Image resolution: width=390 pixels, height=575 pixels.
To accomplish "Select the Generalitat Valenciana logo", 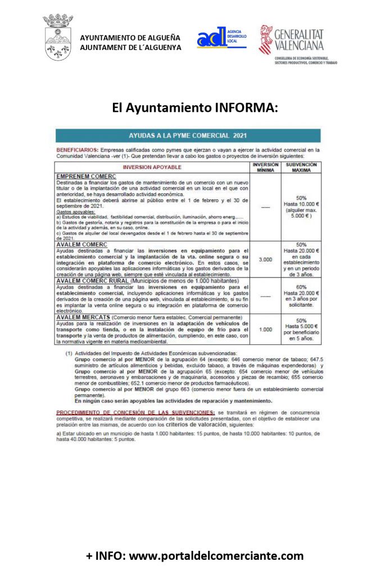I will [298, 40].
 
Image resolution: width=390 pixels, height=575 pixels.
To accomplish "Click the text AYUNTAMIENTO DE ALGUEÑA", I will [130, 38].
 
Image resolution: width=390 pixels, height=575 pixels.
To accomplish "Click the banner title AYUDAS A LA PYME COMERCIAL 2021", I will [188, 136].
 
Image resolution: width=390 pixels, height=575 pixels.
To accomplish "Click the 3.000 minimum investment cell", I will [265, 259].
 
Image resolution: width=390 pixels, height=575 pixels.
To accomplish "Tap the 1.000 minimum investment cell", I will [265, 330].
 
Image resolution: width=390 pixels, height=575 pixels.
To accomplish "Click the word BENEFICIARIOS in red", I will [78, 150].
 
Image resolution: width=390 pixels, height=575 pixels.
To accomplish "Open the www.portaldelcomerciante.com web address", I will [216, 556].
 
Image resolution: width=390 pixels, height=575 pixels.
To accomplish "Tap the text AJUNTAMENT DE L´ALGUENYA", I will [130, 48].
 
